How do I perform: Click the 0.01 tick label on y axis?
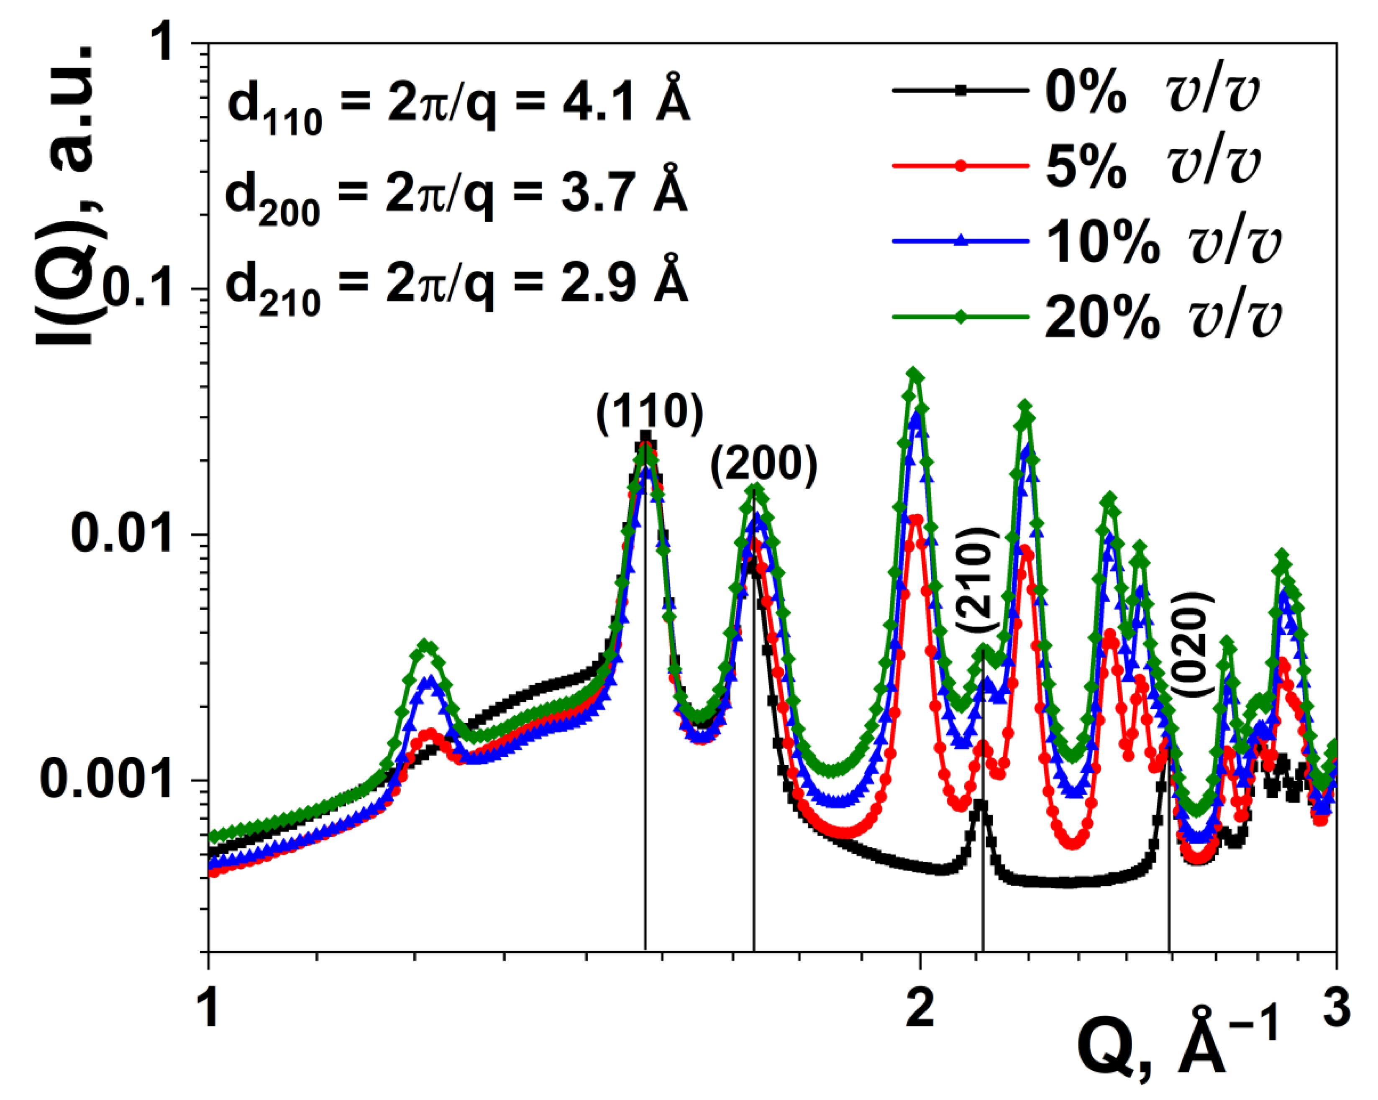pos(121,535)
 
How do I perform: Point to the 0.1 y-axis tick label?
pos(137,289)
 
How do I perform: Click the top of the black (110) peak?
pos(645,437)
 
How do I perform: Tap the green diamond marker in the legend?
pos(961,317)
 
